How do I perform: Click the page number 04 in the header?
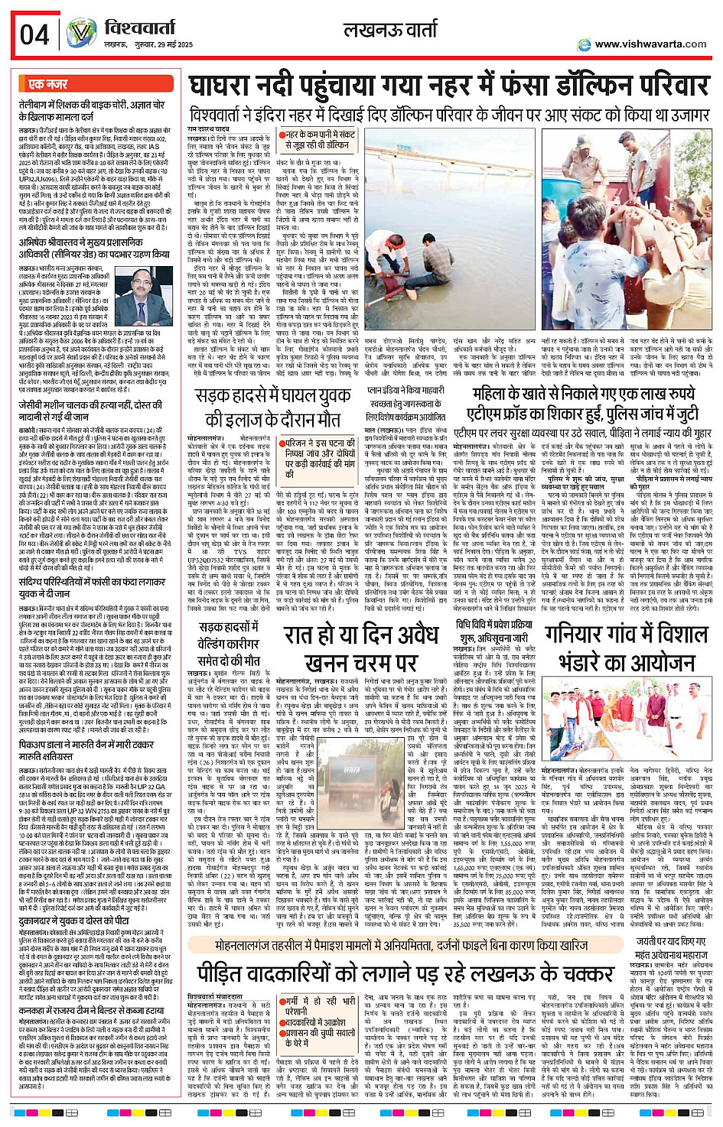pyautogui.click(x=34, y=34)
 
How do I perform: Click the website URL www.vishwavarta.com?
pyautogui.click(x=650, y=44)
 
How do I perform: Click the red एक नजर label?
pyautogui.click(x=47, y=84)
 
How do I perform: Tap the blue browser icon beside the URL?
pyautogui.click(x=585, y=44)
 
